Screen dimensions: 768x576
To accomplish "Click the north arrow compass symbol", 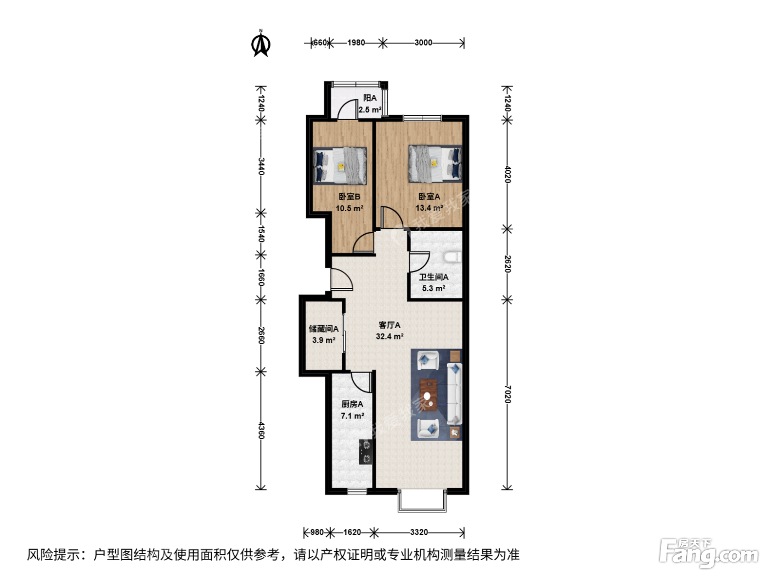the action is pyautogui.click(x=261, y=43).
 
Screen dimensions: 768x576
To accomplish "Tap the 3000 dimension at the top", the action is pyautogui.click(x=423, y=43).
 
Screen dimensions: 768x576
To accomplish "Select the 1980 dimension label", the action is pyautogui.click(x=356, y=43).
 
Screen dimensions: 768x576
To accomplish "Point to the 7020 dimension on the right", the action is pyautogui.click(x=508, y=394).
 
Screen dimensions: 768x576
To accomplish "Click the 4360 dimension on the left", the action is pyautogui.click(x=261, y=431).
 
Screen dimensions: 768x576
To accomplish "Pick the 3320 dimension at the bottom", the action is pyautogui.click(x=419, y=532).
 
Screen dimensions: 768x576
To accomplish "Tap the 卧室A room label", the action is pyautogui.click(x=430, y=196).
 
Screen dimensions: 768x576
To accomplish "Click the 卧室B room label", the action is pyautogui.click(x=349, y=196).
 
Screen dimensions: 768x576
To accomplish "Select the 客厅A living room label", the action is pyautogui.click(x=389, y=325).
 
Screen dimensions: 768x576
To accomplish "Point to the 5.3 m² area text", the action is pyautogui.click(x=433, y=289).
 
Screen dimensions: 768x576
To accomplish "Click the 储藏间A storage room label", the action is pyautogui.click(x=324, y=329).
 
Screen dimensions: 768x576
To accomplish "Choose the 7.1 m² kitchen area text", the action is pyautogui.click(x=352, y=416).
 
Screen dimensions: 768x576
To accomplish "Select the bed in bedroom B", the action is pyautogui.click(x=340, y=166).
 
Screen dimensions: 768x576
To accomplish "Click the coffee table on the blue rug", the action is pyautogui.click(x=428, y=395).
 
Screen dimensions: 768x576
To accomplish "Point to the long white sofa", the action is pyautogui.click(x=455, y=394).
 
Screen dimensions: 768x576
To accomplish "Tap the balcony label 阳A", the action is pyautogui.click(x=370, y=98).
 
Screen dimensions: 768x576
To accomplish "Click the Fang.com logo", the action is pyautogui.click(x=708, y=554).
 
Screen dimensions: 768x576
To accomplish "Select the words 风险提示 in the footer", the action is pyautogui.click(x=54, y=555).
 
